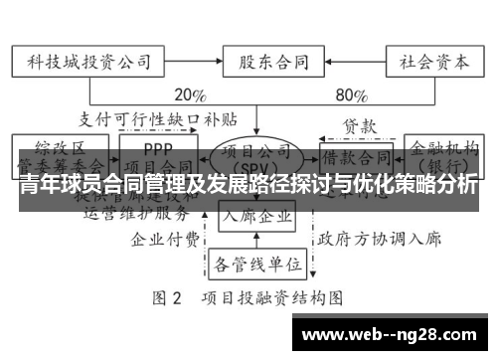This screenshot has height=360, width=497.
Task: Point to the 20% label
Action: coord(190,96)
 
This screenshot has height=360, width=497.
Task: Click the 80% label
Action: coord(353,96)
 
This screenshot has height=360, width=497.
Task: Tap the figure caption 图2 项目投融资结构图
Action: coord(248,297)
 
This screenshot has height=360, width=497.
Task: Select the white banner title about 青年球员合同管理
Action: coord(248,185)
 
